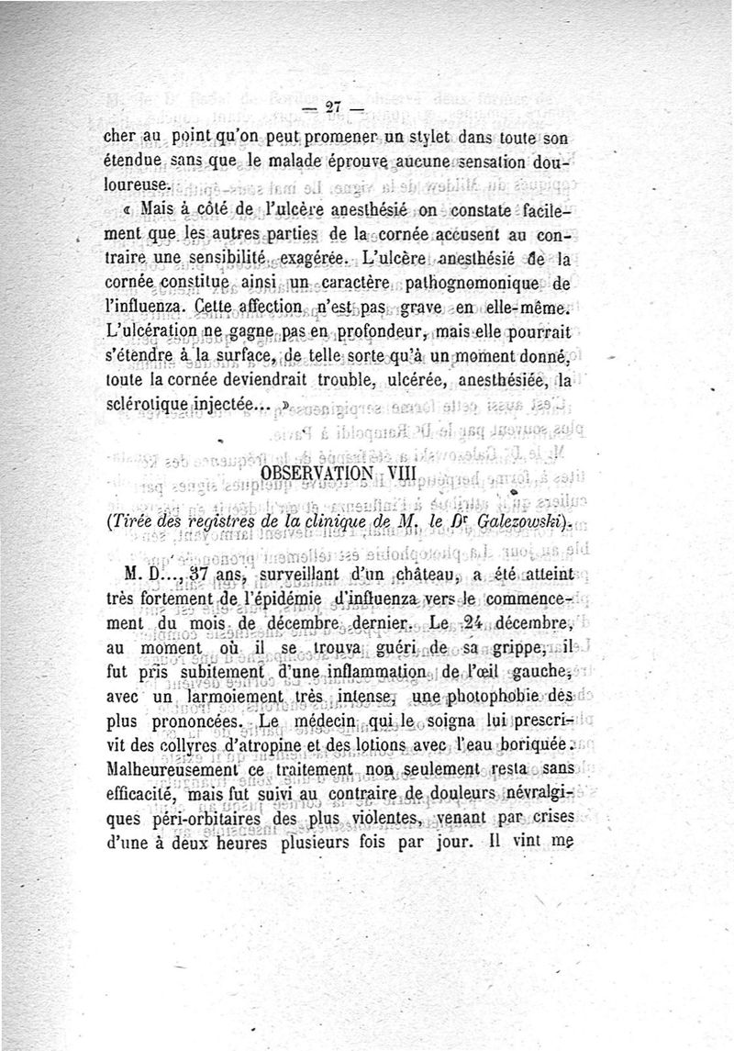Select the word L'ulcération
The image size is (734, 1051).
147,332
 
